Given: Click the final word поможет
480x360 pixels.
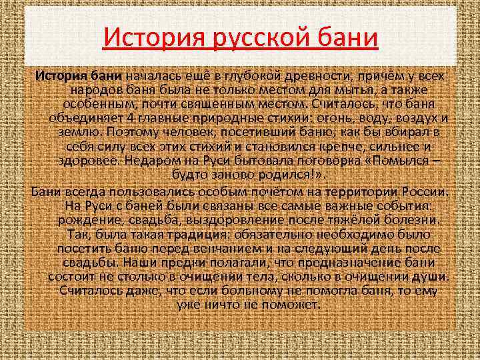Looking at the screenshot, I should [x=293, y=305].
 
